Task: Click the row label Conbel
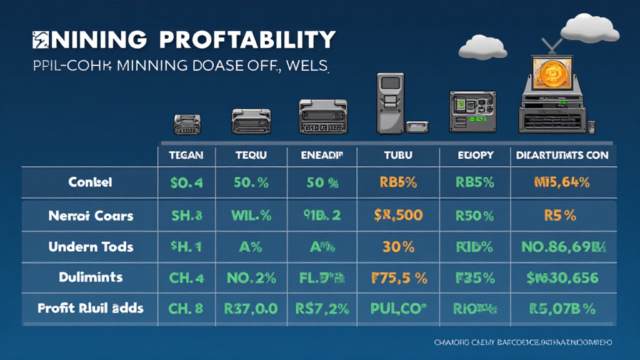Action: (91, 183)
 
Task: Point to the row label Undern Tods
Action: (91, 246)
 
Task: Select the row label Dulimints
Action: (91, 277)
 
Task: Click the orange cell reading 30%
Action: (398, 246)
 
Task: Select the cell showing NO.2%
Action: (250, 277)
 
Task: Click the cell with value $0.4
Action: (186, 183)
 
